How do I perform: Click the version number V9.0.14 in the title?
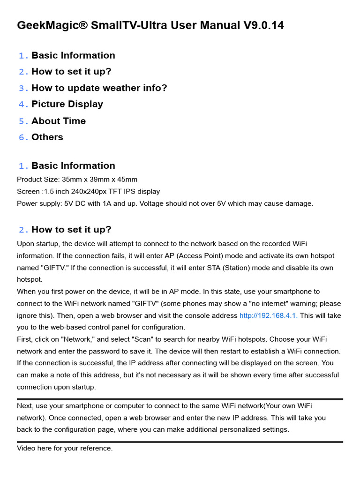point(263,25)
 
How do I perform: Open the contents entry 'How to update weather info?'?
point(99,88)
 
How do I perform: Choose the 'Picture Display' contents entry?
point(67,104)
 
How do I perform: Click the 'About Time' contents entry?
point(59,120)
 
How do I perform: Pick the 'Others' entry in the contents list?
point(47,137)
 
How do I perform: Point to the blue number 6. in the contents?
point(23,137)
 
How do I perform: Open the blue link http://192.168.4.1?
point(268,315)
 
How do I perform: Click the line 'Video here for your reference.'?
point(65,448)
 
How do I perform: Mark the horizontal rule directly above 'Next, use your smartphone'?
point(180,399)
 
